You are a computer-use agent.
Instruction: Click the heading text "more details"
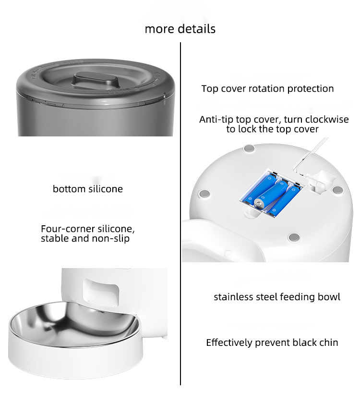coord(180,29)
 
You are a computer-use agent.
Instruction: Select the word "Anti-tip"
coord(216,120)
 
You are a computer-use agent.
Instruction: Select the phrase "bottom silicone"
coord(88,189)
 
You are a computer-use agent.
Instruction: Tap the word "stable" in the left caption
coord(55,238)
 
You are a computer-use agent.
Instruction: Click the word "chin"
coord(328,343)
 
